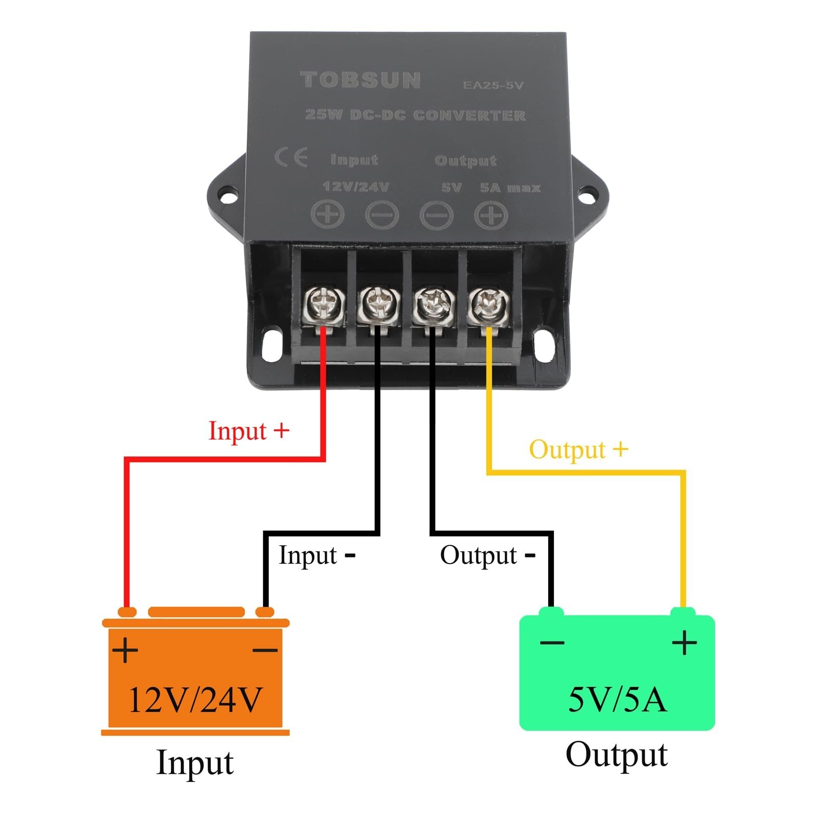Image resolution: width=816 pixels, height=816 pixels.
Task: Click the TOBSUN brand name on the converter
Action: pos(361,81)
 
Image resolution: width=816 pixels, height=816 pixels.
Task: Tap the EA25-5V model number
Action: pos(493,85)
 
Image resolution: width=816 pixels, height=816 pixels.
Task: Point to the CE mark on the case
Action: pos(291,158)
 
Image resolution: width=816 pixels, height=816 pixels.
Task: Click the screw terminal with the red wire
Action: pos(323,305)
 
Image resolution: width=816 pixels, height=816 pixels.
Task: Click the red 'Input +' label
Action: pos(248,431)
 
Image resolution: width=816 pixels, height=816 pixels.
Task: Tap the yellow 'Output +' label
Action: pos(578,450)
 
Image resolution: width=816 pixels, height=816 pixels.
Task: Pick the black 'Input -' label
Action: pos(316,555)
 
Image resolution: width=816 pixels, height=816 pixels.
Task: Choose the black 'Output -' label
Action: pos(487,555)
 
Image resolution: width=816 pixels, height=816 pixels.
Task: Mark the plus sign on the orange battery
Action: pos(125,650)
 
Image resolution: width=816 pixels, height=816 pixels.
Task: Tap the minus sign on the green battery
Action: pos(552,642)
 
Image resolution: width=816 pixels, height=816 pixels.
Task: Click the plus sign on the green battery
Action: pos(684,642)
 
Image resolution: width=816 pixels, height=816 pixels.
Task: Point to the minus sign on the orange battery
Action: pos(265,650)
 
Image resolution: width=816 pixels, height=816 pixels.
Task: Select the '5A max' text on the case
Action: pos(509,188)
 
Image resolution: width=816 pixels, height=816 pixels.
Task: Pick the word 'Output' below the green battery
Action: pos(616,755)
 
